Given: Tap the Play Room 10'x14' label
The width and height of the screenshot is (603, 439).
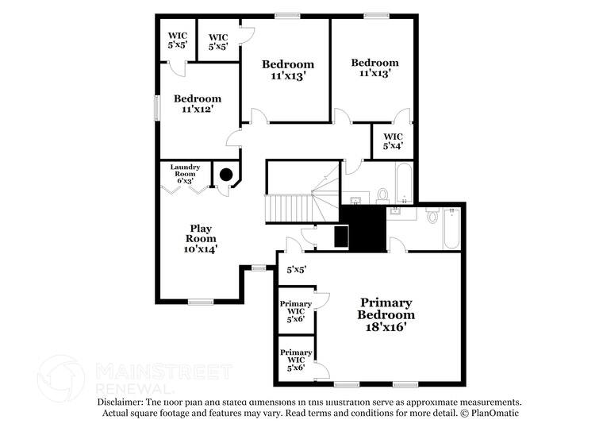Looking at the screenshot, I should point(201,237).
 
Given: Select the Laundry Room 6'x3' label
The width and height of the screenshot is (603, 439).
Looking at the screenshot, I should point(184,174).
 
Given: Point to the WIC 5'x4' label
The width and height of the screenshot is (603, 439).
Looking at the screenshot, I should point(393,141).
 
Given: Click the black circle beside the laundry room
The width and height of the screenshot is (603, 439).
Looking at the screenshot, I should point(226,175).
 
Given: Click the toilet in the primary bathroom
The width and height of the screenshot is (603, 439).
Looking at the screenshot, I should point(432,214).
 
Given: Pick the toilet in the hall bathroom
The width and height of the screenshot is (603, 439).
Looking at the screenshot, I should point(382,193).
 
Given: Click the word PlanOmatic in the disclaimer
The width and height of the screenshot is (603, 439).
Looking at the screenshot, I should point(493,414).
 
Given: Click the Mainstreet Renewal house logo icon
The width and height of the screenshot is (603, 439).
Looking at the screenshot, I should point(61,377).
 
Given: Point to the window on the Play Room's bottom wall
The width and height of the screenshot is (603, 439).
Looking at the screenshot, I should point(202,301).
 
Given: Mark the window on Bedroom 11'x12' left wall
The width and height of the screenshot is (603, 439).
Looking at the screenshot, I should point(157,106).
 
